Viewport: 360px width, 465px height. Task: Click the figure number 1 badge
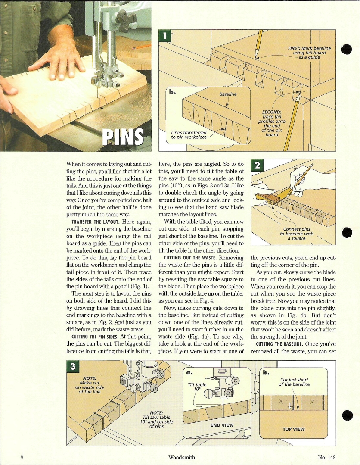click(164, 35)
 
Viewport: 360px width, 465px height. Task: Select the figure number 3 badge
click(73, 366)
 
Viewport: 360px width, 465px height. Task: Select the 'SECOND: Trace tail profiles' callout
click(271, 123)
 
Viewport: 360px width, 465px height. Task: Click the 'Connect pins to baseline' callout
click(297, 234)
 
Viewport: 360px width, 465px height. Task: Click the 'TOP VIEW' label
click(293, 429)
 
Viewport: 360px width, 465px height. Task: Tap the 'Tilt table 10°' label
click(197, 387)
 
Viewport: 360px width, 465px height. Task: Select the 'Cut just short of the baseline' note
click(294, 382)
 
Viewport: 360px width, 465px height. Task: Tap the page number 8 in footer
click(22, 457)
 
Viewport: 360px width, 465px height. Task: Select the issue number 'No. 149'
click(326, 457)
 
